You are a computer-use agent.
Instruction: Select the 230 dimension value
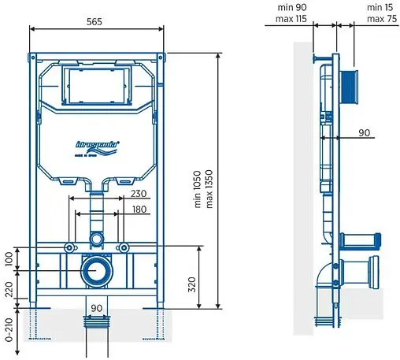tap(138, 193)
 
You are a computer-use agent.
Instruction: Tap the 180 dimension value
tap(138, 210)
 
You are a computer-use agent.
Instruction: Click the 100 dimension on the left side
tap(9, 258)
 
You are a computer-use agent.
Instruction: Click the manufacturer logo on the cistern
tap(97, 146)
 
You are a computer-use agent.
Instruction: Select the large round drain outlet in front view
tap(97, 271)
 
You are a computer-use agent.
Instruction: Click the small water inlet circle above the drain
tap(96, 238)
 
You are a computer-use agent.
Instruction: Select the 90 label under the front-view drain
tap(97, 307)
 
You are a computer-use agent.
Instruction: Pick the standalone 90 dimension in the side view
tap(364, 133)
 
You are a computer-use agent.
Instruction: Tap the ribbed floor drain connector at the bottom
tap(97, 322)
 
